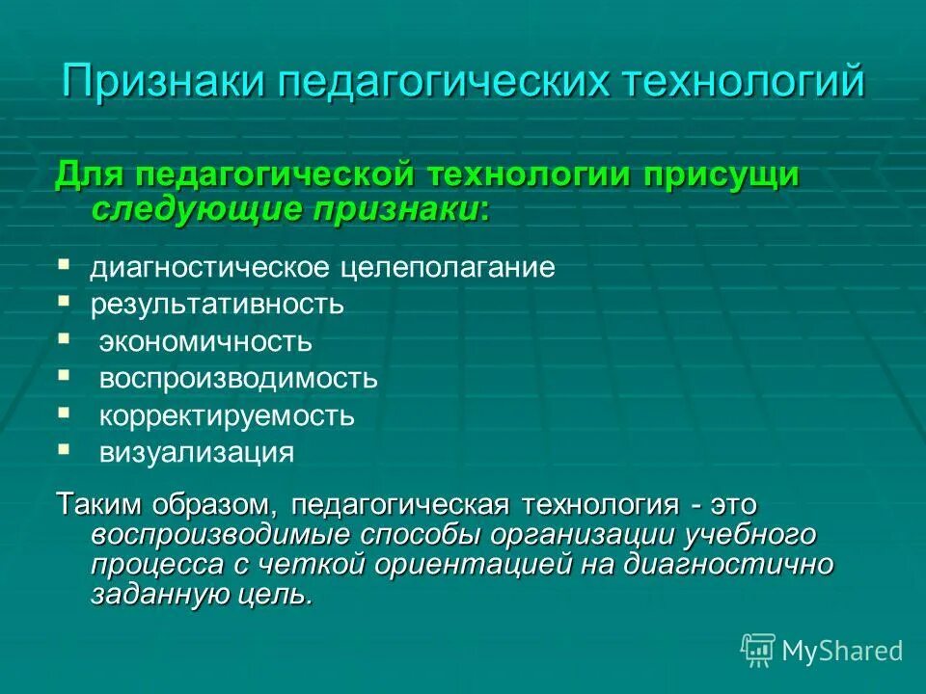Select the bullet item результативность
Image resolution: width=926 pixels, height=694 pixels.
click(217, 305)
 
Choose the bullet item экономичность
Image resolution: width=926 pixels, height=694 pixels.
click(205, 341)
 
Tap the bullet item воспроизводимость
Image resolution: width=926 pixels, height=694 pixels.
click(238, 379)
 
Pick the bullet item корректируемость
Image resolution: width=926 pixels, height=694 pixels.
click(227, 416)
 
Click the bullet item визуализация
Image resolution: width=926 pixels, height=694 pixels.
click(197, 453)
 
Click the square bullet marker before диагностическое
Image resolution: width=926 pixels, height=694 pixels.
click(64, 262)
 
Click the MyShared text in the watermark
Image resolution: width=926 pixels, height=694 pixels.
click(842, 651)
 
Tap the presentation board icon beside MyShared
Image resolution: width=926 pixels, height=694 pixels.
click(758, 651)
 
